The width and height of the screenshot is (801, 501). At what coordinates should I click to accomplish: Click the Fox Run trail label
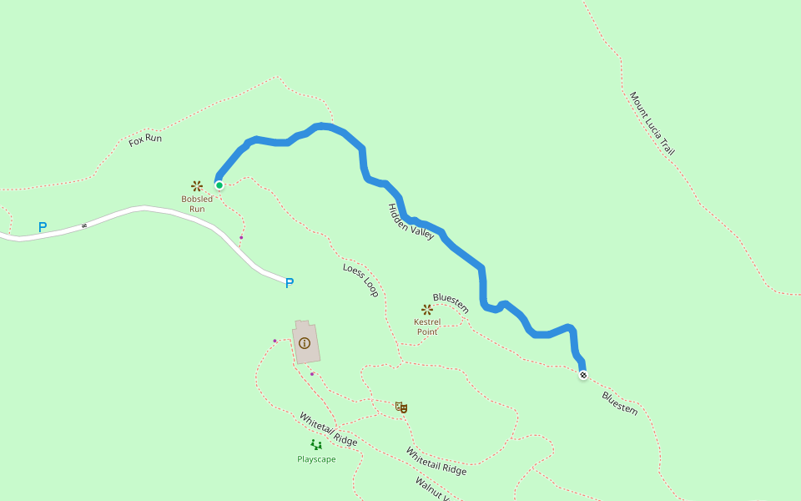point(145,139)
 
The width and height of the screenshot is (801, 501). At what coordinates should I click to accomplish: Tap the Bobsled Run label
point(197,204)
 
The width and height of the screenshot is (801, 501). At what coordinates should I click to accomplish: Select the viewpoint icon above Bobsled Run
point(197,186)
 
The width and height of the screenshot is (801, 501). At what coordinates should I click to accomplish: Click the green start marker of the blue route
point(219,185)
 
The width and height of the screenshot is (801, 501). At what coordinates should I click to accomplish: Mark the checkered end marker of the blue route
point(583,375)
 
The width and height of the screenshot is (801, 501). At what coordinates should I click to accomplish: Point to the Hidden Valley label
point(411,222)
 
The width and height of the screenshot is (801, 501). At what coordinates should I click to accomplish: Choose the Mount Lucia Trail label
point(652,124)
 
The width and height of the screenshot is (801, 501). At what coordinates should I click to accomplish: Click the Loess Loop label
point(361,281)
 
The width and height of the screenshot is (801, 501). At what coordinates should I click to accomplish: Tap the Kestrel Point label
point(427,326)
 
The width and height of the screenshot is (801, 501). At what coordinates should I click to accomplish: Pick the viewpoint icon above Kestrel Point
point(427,309)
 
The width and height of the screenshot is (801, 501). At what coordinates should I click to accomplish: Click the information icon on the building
point(305,343)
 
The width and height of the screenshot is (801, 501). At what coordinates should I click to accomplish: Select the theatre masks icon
point(401,407)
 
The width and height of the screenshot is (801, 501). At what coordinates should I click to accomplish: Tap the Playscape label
point(316,459)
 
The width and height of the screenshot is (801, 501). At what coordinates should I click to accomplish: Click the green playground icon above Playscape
point(316,444)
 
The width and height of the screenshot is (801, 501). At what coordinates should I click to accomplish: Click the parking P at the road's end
point(290,283)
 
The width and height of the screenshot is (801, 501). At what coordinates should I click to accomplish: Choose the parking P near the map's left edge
point(43,227)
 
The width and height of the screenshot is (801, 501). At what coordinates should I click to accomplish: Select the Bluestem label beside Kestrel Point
point(451,303)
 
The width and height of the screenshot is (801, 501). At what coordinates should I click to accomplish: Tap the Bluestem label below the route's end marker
point(620,403)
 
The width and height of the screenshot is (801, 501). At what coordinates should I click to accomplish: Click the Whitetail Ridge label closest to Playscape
point(328,429)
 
